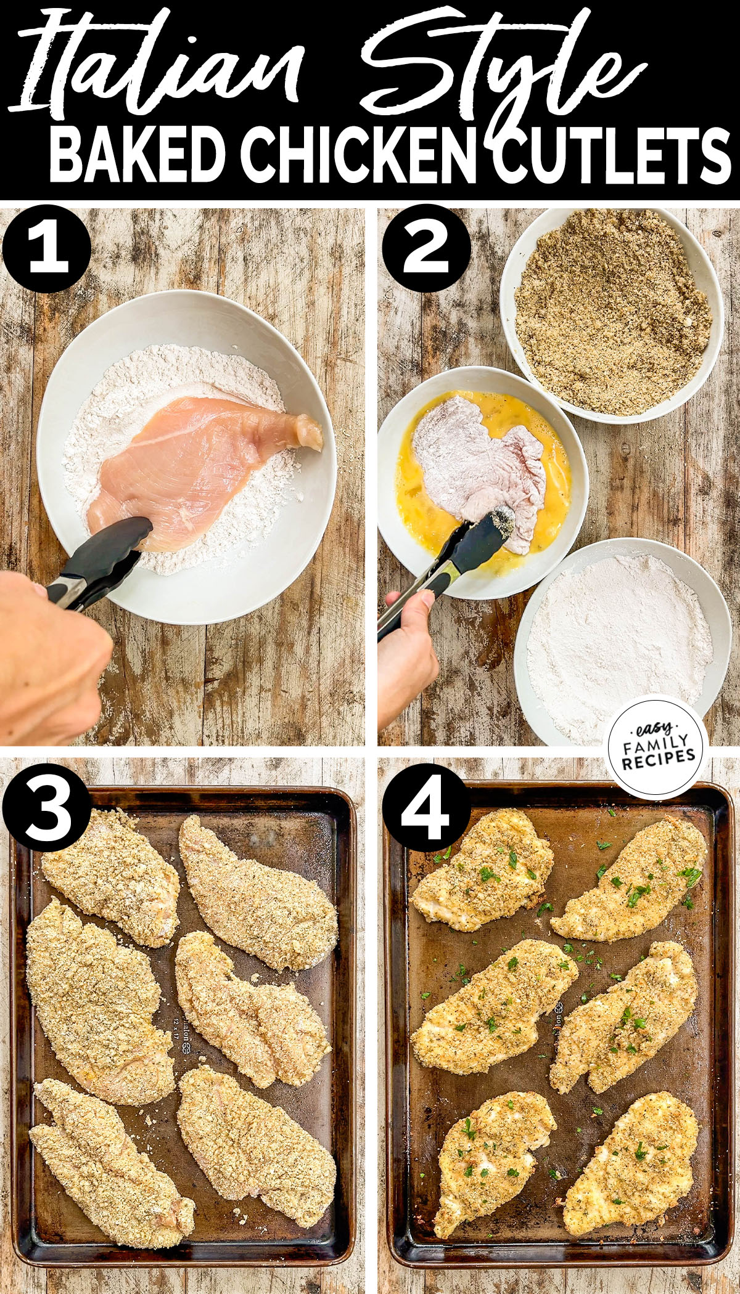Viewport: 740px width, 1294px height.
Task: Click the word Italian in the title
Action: coord(160,68)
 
